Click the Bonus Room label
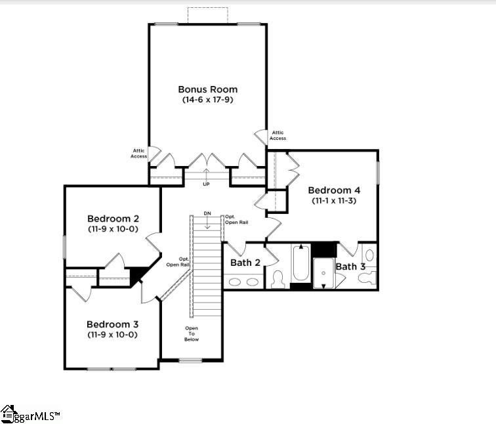(208, 89)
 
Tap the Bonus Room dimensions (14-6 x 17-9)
(208, 100)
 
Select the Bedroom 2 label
(113, 219)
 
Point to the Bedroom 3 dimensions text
(113, 335)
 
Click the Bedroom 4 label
(334, 190)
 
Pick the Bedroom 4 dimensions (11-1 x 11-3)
(334, 200)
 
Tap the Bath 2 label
(245, 263)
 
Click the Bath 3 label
(350, 266)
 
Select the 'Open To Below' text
(192, 334)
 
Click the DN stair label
(207, 213)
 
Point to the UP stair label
(206, 184)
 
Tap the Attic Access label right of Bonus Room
(278, 135)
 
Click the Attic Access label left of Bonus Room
(139, 154)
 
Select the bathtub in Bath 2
(300, 263)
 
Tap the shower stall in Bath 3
(323, 273)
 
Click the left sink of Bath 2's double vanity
(235, 282)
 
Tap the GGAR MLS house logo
(9, 413)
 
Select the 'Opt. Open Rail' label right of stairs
(236, 220)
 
